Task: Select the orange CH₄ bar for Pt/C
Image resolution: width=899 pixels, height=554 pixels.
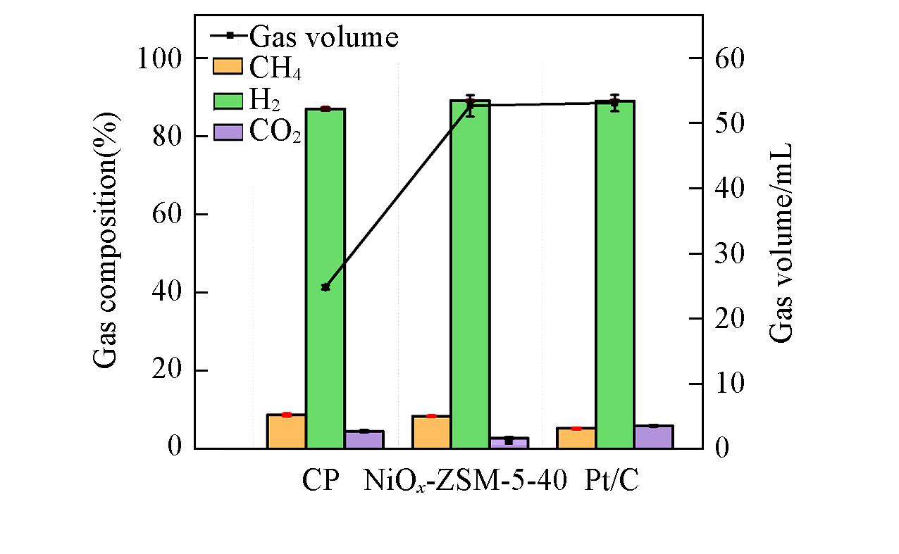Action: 576,438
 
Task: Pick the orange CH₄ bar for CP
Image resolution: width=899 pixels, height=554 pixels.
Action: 286,431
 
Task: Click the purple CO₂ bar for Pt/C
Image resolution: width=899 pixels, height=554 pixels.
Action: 654,436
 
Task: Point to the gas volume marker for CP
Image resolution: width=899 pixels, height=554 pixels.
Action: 325,287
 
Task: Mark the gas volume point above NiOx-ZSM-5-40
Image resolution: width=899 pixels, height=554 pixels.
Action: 471,105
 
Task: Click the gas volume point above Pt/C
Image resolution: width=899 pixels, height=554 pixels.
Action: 615,103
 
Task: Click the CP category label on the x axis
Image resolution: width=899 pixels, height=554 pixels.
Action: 321,482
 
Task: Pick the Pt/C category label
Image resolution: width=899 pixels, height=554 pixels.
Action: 612,482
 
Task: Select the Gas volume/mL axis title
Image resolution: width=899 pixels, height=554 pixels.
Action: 781,243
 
